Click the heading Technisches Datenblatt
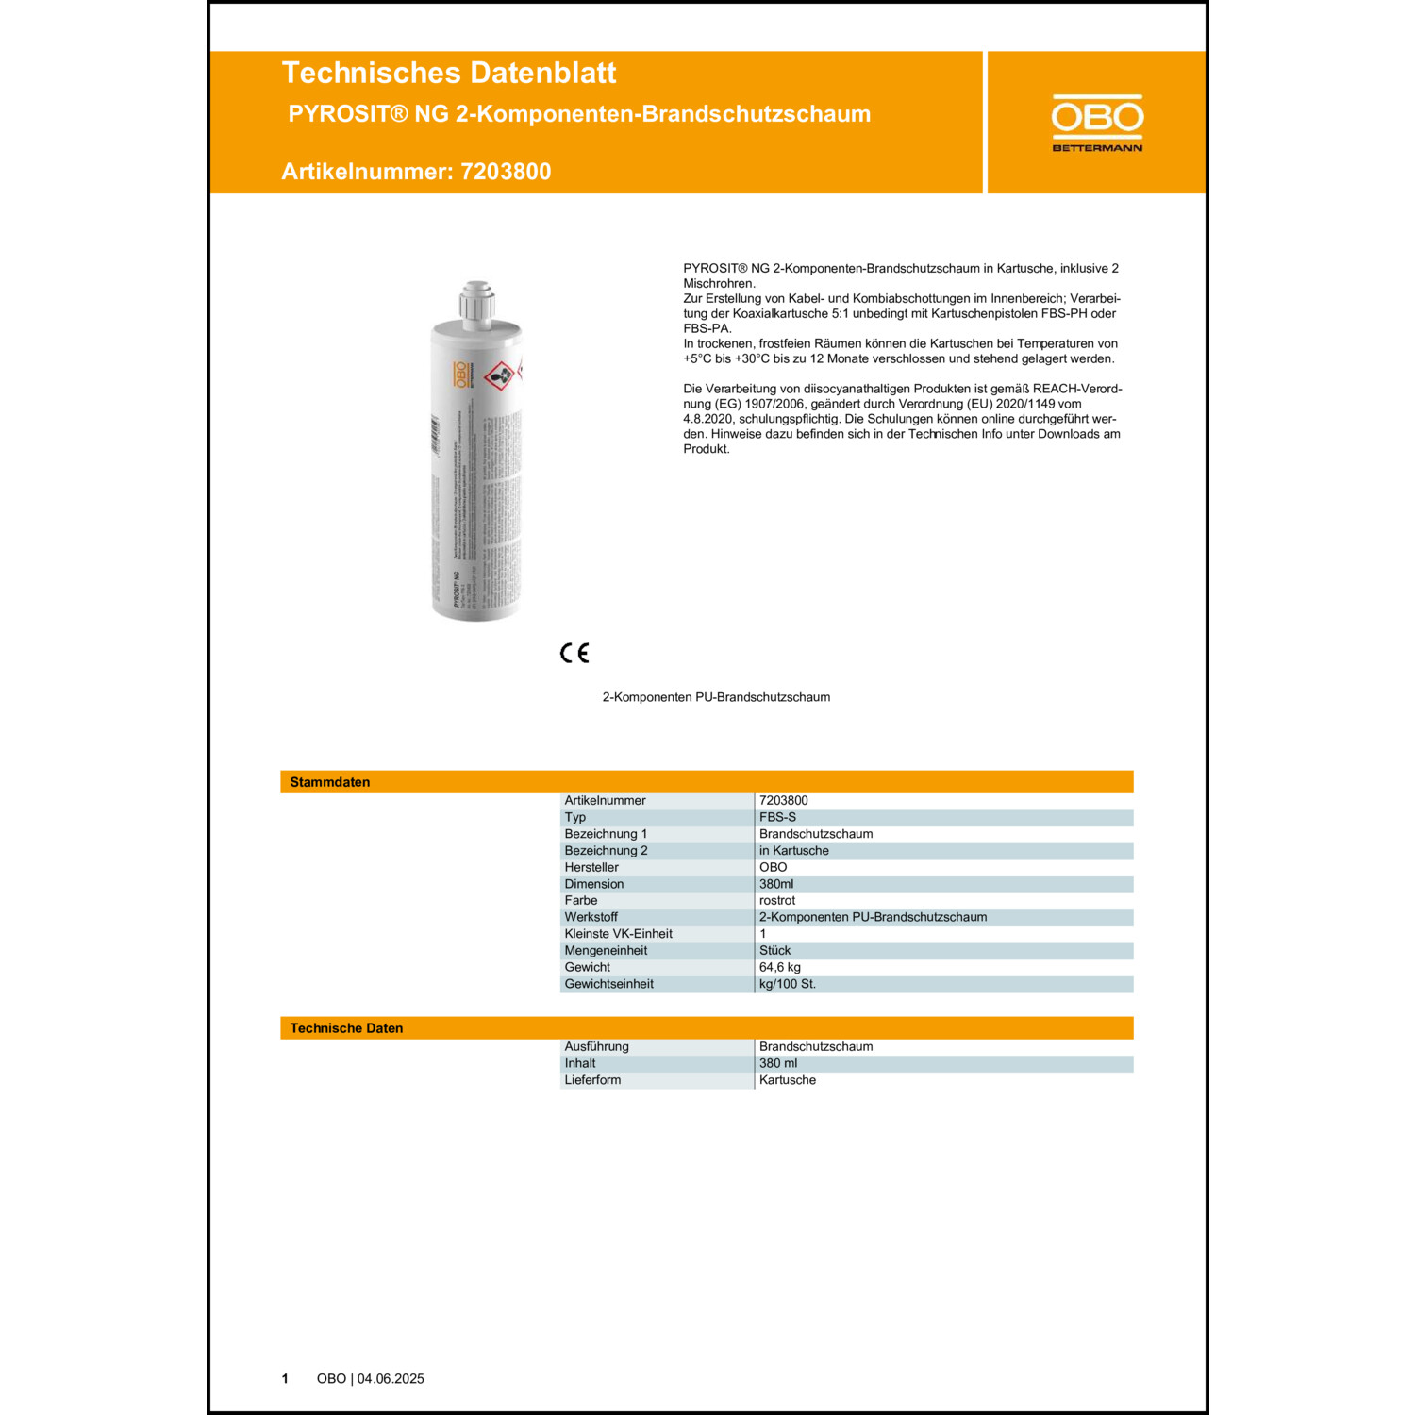pyautogui.click(x=448, y=74)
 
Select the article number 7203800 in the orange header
pyautogui.click(x=506, y=172)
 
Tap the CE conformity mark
pyautogui.click(x=574, y=653)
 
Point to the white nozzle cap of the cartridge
pyautogui.click(x=477, y=302)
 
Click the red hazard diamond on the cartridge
pyautogui.click(x=499, y=376)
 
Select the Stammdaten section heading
pyautogui.click(x=330, y=782)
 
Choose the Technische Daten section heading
pyautogui.click(x=346, y=1028)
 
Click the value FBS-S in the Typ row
pyautogui.click(x=777, y=817)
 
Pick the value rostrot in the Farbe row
pyautogui.click(x=777, y=901)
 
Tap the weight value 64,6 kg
pyautogui.click(x=780, y=967)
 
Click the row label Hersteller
pyautogui.click(x=591, y=867)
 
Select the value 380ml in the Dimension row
pyautogui.click(x=776, y=884)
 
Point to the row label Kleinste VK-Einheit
pyautogui.click(x=618, y=934)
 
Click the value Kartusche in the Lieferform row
pyautogui.click(x=788, y=1080)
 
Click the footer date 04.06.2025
pyautogui.click(x=391, y=1379)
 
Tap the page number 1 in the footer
pyautogui.click(x=285, y=1379)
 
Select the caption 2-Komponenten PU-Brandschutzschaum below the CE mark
pyautogui.click(x=716, y=697)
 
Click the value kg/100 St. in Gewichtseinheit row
pyautogui.click(x=788, y=984)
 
